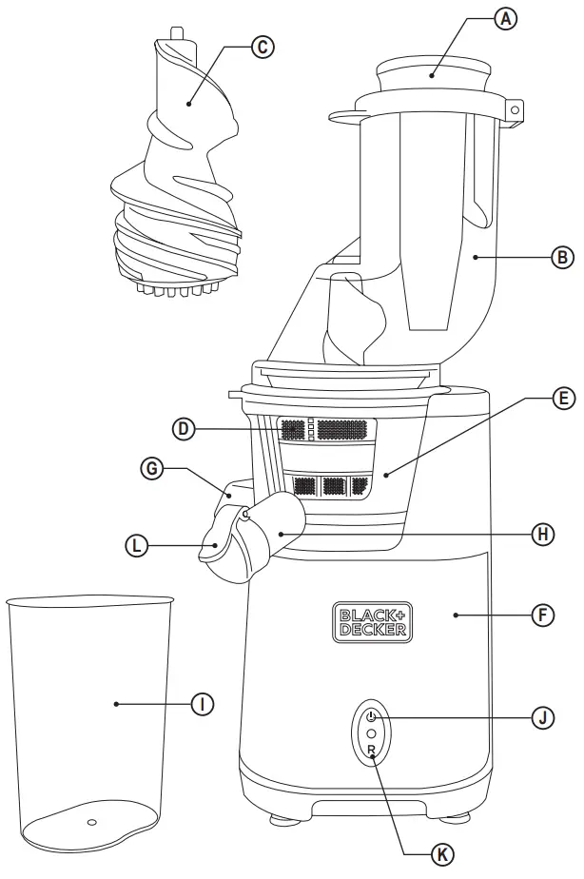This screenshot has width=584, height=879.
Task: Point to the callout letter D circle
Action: pyautogui.click(x=185, y=429)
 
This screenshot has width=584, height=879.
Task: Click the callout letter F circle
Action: pyautogui.click(x=541, y=615)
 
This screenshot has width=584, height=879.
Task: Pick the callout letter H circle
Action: pyautogui.click(x=541, y=534)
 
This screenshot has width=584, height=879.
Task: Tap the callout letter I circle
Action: pyautogui.click(x=201, y=704)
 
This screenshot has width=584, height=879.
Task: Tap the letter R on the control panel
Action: pyautogui.click(x=371, y=752)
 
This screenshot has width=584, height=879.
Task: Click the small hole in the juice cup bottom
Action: pyautogui.click(x=91, y=821)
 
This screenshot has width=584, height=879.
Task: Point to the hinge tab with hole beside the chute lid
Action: pyautogui.click(x=515, y=110)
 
